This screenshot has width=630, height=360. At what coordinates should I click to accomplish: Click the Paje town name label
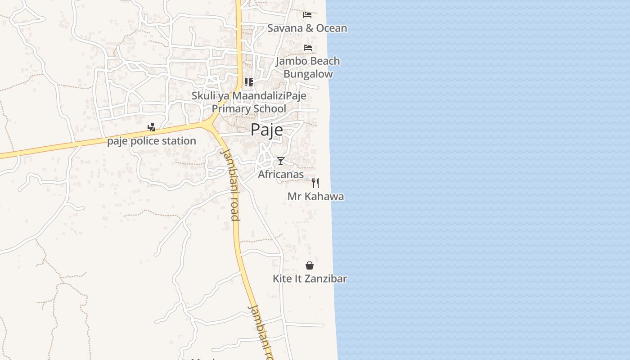pyautogui.click(x=267, y=130)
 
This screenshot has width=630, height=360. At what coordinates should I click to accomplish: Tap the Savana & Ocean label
pyautogui.click(x=307, y=28)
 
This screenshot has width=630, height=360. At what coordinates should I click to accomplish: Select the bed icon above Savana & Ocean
pyautogui.click(x=307, y=14)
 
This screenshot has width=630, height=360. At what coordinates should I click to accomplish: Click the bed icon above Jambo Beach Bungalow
pyautogui.click(x=308, y=47)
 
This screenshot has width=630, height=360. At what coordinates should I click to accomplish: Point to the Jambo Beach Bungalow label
pyautogui.click(x=308, y=67)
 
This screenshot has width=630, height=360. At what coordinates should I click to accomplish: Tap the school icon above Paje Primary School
pyautogui.click(x=248, y=82)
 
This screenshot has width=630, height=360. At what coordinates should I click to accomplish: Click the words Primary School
pyautogui.click(x=249, y=108)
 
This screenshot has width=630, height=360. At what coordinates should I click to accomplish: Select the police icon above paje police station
pyautogui.click(x=152, y=127)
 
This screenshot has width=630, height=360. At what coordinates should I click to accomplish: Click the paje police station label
pyautogui.click(x=152, y=141)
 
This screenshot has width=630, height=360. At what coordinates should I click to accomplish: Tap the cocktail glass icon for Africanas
pyautogui.click(x=281, y=161)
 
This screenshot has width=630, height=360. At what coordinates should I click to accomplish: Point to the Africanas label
pyautogui.click(x=281, y=174)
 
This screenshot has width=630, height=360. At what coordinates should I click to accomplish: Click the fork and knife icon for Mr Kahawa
pyautogui.click(x=315, y=183)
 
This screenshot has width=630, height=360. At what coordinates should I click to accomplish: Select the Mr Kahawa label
pyautogui.click(x=315, y=196)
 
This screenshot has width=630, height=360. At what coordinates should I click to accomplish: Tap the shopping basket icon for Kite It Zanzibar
pyautogui.click(x=310, y=265)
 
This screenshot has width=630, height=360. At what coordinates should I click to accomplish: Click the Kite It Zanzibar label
pyautogui.click(x=310, y=279)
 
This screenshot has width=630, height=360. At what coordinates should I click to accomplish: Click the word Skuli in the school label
pyautogui.click(x=202, y=95)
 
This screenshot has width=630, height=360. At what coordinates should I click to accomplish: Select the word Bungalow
pyautogui.click(x=308, y=74)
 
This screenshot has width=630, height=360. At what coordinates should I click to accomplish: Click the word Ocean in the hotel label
pyautogui.click(x=332, y=28)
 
